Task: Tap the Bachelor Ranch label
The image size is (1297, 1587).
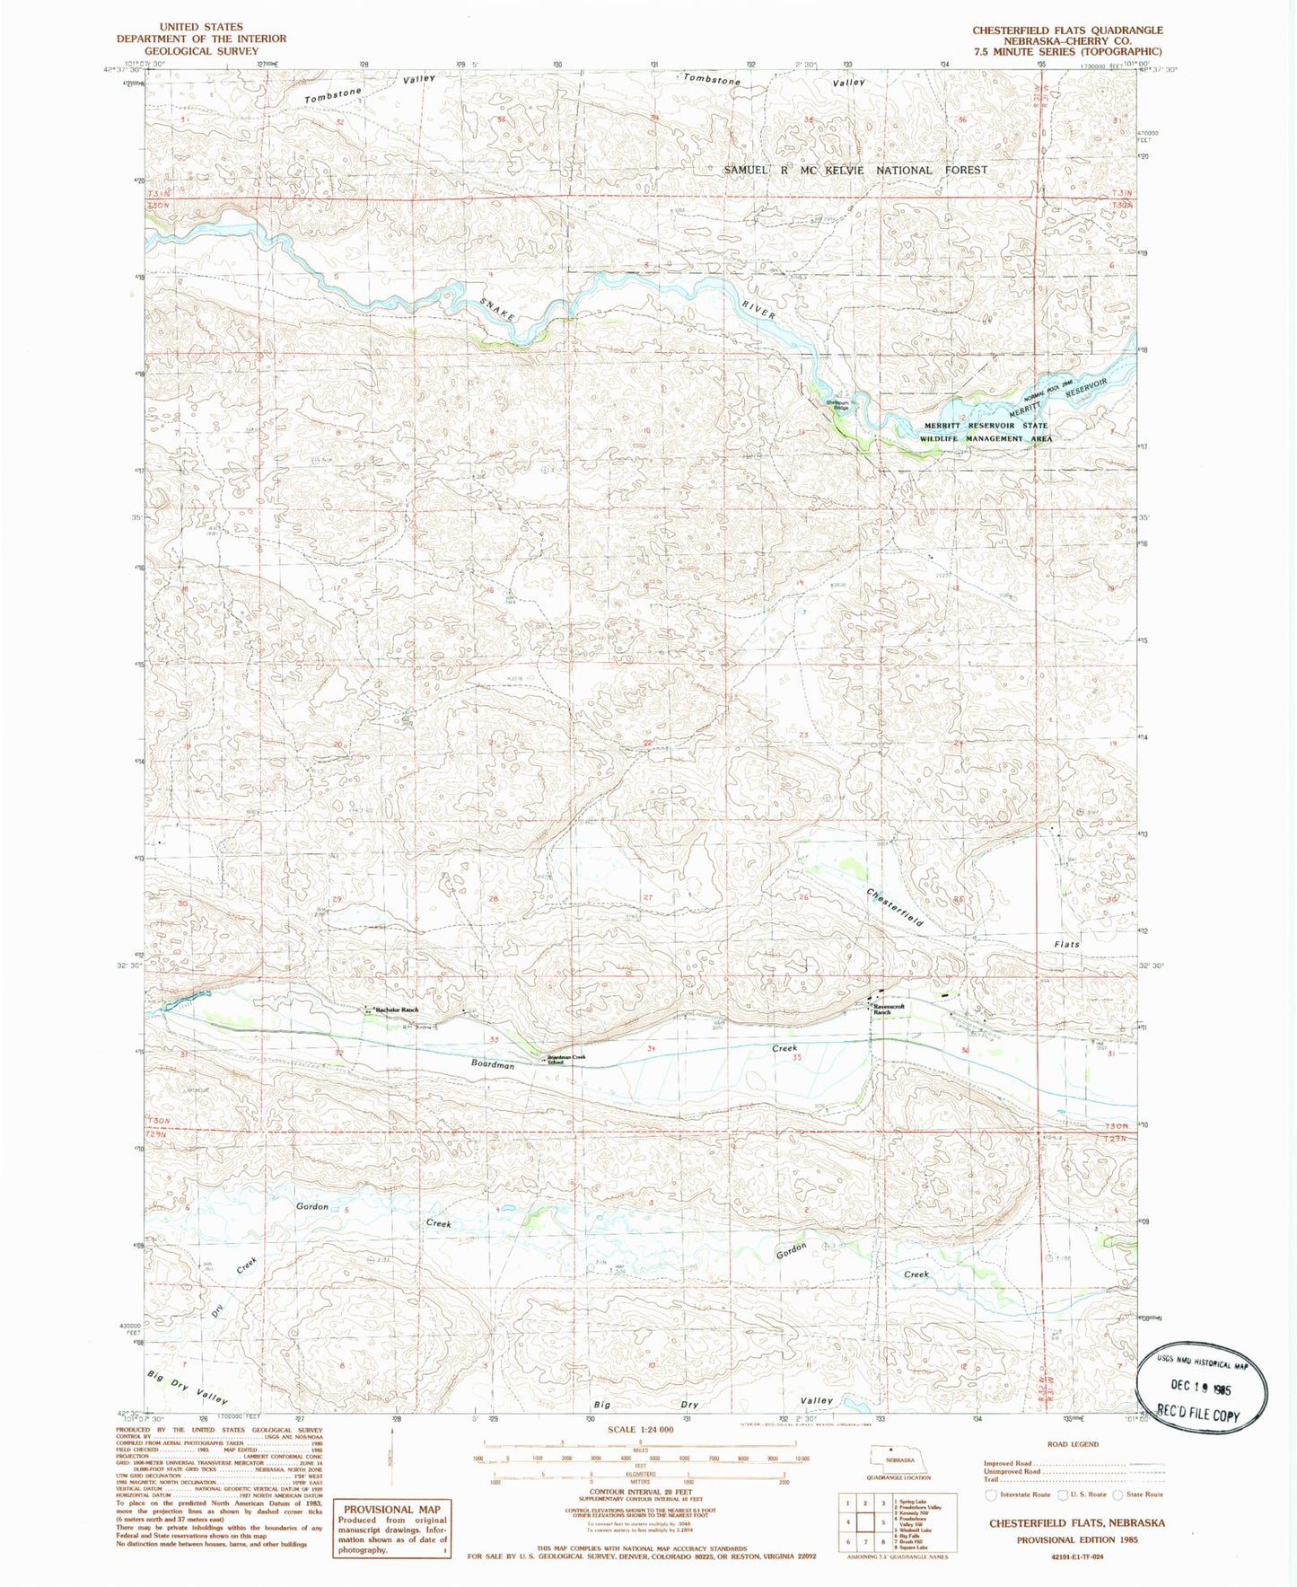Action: [x=396, y=1010]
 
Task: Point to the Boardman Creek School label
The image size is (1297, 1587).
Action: [x=566, y=1059]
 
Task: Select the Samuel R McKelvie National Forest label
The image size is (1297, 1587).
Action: [x=854, y=170]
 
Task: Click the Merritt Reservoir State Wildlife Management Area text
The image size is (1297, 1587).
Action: [x=985, y=432]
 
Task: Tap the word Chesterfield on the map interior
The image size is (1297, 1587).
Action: [x=895, y=906]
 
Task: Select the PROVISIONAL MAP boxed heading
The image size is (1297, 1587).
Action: [x=392, y=1509]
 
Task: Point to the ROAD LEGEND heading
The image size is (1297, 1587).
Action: [x=1073, y=1444]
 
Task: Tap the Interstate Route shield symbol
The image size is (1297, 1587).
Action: [x=990, y=1494]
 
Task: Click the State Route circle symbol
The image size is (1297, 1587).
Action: [x=1117, y=1494]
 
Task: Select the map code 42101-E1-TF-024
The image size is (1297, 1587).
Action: [x=1076, y=1556]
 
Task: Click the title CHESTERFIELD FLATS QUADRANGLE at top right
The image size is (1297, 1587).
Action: [x=1067, y=31]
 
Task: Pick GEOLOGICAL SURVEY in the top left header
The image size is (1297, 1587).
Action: [x=201, y=51]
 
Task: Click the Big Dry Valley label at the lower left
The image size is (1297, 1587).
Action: [x=188, y=1388]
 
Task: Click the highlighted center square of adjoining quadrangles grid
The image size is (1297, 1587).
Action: [x=865, y=1521]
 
